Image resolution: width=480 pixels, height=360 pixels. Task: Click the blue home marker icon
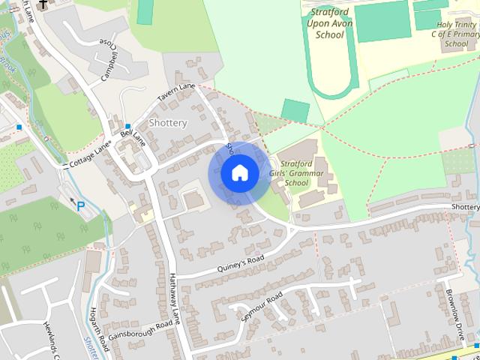[x=239, y=173]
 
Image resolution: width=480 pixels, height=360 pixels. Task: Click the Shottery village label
[x=168, y=123]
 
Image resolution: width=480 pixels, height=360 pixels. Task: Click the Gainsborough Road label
[x=139, y=331]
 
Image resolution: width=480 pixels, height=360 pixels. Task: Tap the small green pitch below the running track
[x=295, y=111]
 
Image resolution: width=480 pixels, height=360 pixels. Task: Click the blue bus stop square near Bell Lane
[x=128, y=126]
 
